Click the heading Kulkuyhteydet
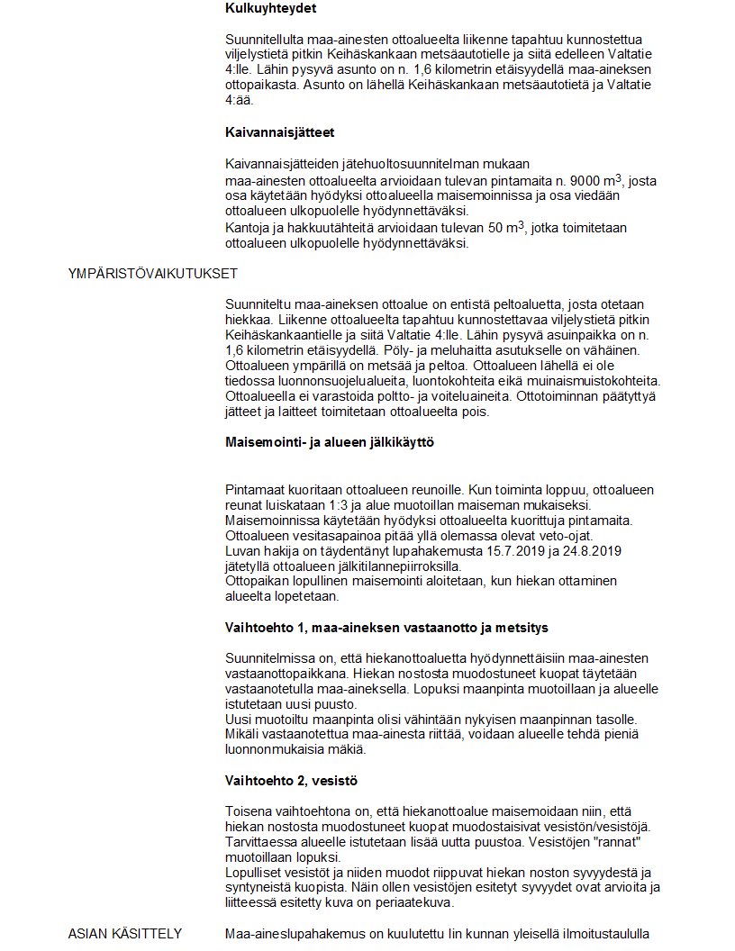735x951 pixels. tap(270, 9)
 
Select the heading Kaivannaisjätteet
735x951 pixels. tap(279, 132)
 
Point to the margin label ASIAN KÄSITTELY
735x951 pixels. tap(125, 933)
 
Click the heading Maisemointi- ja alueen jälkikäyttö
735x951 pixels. tap(331, 444)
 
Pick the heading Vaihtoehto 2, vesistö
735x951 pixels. tap(297, 779)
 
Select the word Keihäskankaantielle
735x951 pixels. tap(286, 335)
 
